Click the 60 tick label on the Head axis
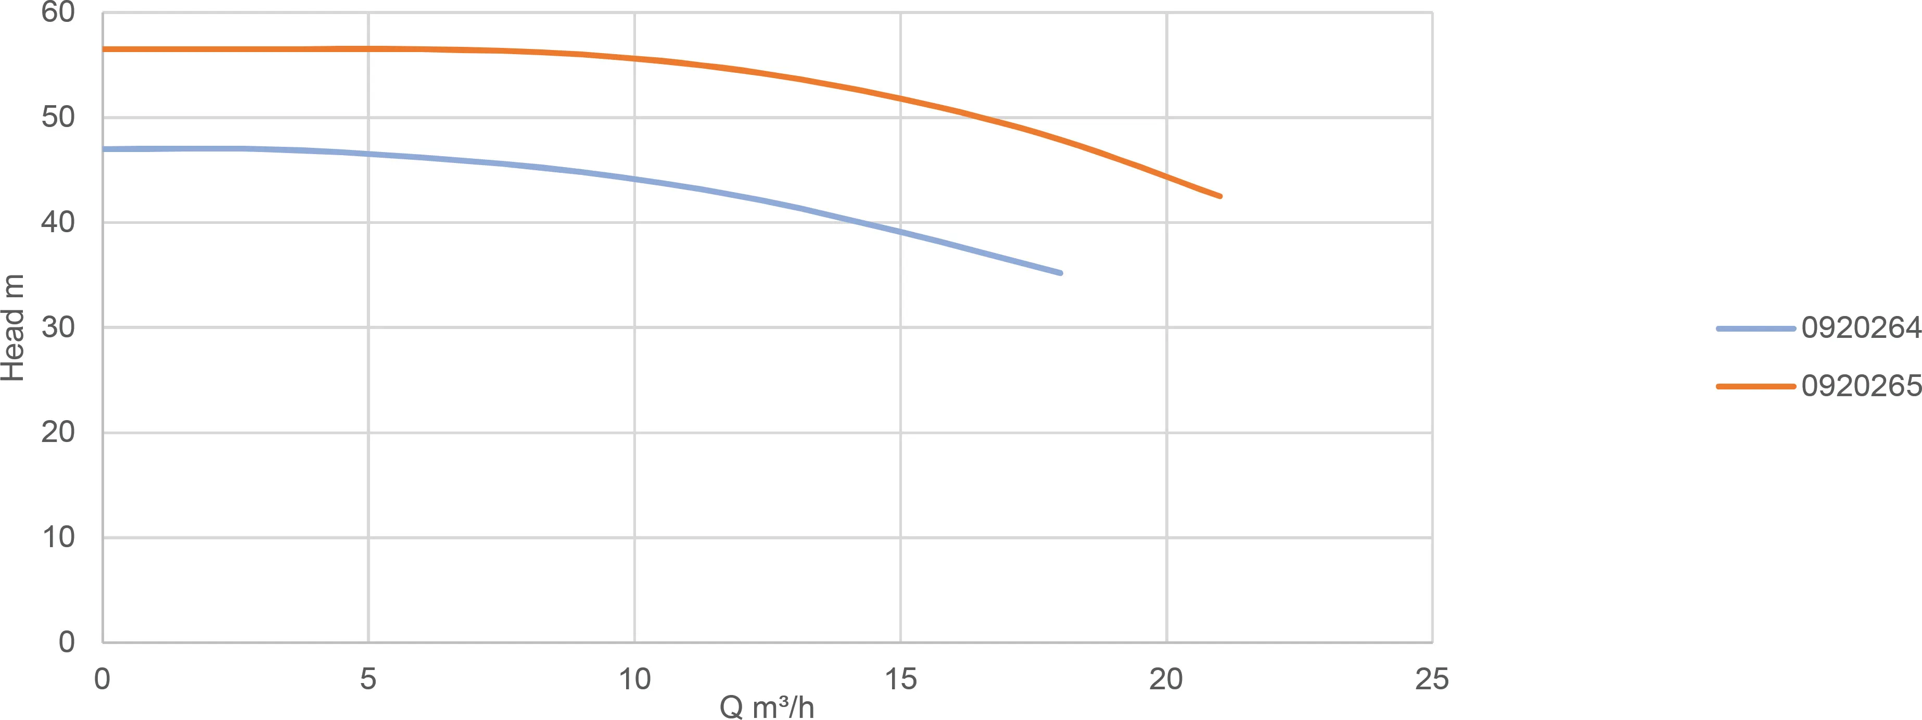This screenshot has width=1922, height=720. tap(58, 12)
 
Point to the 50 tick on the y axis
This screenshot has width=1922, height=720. tap(58, 117)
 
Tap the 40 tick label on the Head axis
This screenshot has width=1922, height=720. tap(58, 222)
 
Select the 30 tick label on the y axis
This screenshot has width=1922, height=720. tap(58, 327)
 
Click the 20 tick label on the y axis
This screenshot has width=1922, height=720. tap(58, 432)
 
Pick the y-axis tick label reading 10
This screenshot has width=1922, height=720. tap(58, 537)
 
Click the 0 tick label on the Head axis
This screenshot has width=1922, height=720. tap(67, 642)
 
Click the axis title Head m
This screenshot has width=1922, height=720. tap(12, 327)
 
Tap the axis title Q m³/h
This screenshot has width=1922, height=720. tap(767, 706)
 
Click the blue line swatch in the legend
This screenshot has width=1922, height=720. tap(1755, 329)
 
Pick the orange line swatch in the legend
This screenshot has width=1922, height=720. tap(1755, 386)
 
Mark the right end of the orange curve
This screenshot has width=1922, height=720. tap(1220, 196)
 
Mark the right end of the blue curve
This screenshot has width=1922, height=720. tap(1060, 273)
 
